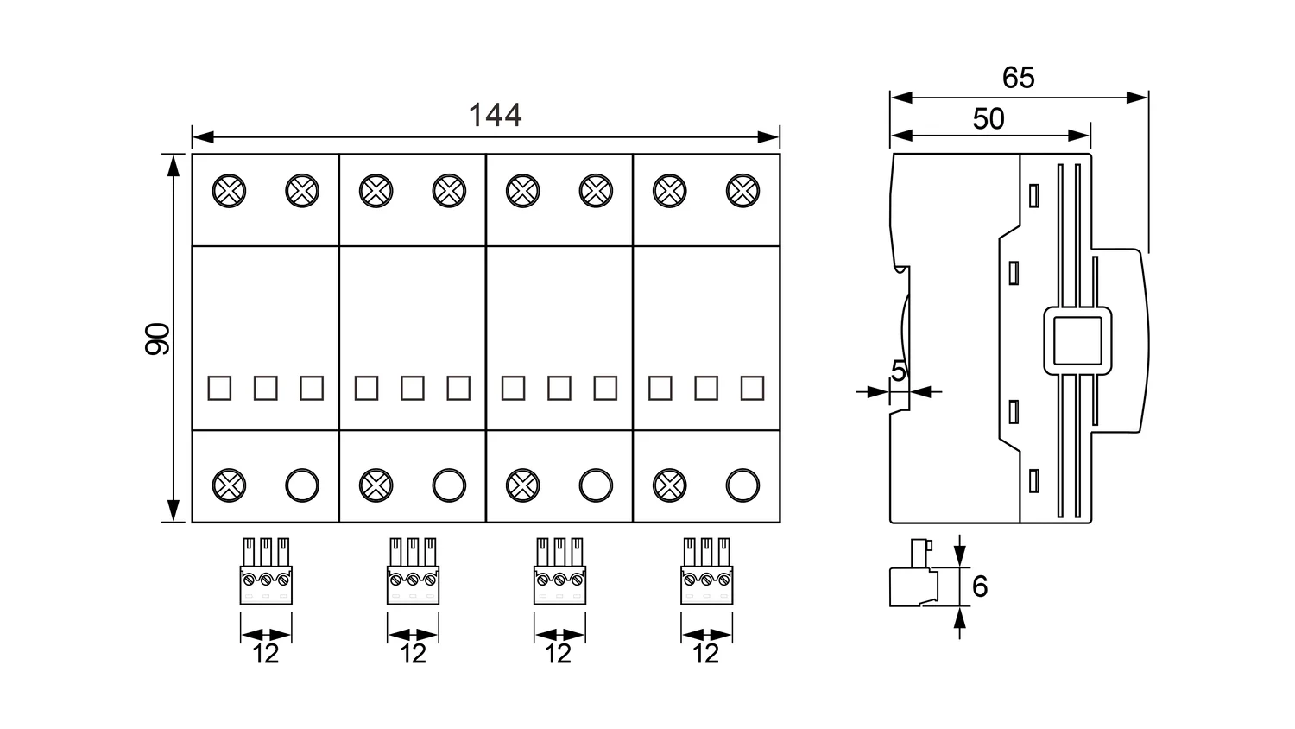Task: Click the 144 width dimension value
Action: click(x=495, y=116)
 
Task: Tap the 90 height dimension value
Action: click(x=158, y=339)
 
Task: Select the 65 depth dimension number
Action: click(x=1018, y=79)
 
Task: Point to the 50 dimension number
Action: click(x=989, y=119)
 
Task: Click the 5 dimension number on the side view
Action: click(x=899, y=372)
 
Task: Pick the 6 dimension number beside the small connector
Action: click(x=979, y=586)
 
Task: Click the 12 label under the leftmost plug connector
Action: click(x=266, y=654)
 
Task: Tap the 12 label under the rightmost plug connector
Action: click(x=705, y=654)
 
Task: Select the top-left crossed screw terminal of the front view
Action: click(x=229, y=190)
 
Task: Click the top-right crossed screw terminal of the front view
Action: click(x=742, y=190)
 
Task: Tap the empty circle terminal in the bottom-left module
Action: click(x=302, y=485)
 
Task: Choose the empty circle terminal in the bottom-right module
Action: click(x=742, y=485)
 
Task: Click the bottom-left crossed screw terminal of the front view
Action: click(x=229, y=485)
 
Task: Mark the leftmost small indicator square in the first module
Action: click(x=219, y=388)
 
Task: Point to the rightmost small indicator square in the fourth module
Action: click(x=752, y=388)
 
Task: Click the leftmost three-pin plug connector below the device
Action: click(x=266, y=572)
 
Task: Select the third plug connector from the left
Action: click(x=559, y=572)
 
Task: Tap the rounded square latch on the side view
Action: click(x=1077, y=340)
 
